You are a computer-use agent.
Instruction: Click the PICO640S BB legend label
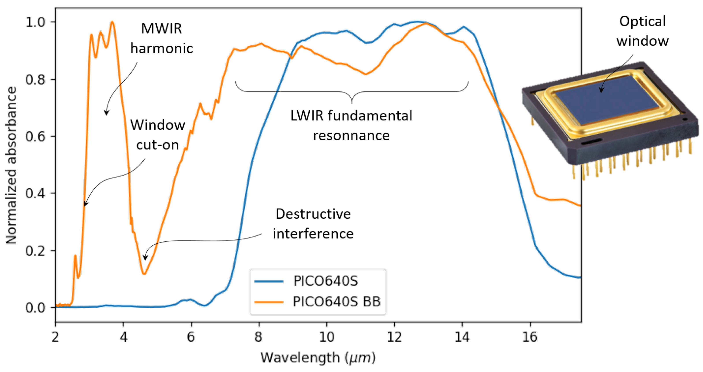[x=337, y=302]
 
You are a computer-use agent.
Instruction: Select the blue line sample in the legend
[x=269, y=281]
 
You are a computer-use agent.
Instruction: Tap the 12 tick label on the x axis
[x=394, y=337]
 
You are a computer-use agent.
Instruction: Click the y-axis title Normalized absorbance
[x=11, y=165]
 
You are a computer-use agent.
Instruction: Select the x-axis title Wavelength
[x=318, y=357]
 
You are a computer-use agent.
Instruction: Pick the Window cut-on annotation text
[x=158, y=135]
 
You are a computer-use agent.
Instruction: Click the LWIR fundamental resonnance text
[x=351, y=126]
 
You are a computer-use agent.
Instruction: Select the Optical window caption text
[x=642, y=31]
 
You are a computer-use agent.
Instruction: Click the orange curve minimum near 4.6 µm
[x=144, y=274]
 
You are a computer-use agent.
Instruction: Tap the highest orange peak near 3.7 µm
[x=112, y=22]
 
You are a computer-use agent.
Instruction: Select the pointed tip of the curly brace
[x=352, y=103]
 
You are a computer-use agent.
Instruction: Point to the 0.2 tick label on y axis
[x=35, y=251]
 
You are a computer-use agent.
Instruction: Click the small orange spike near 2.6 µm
[x=75, y=255]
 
